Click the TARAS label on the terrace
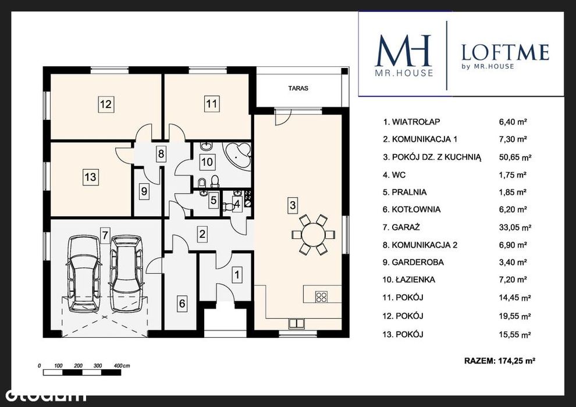pyautogui.click(x=298, y=88)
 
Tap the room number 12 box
pyautogui.click(x=106, y=104)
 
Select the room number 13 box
pyautogui.click(x=90, y=177)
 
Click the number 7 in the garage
pyautogui.click(x=105, y=234)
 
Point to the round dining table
pyautogui.click(x=314, y=234)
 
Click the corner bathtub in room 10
pyautogui.click(x=238, y=154)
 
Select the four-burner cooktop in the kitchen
pyautogui.click(x=321, y=297)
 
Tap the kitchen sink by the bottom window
pyautogui.click(x=297, y=323)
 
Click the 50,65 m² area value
pyautogui.click(x=515, y=157)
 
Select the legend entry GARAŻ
pyautogui.click(x=401, y=227)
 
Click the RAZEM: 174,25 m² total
pyautogui.click(x=499, y=360)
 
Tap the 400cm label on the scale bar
pyautogui.click(x=122, y=366)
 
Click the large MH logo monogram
pyautogui.click(x=403, y=51)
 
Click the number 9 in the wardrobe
pyautogui.click(x=144, y=191)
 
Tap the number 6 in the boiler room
pyautogui.click(x=182, y=304)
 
